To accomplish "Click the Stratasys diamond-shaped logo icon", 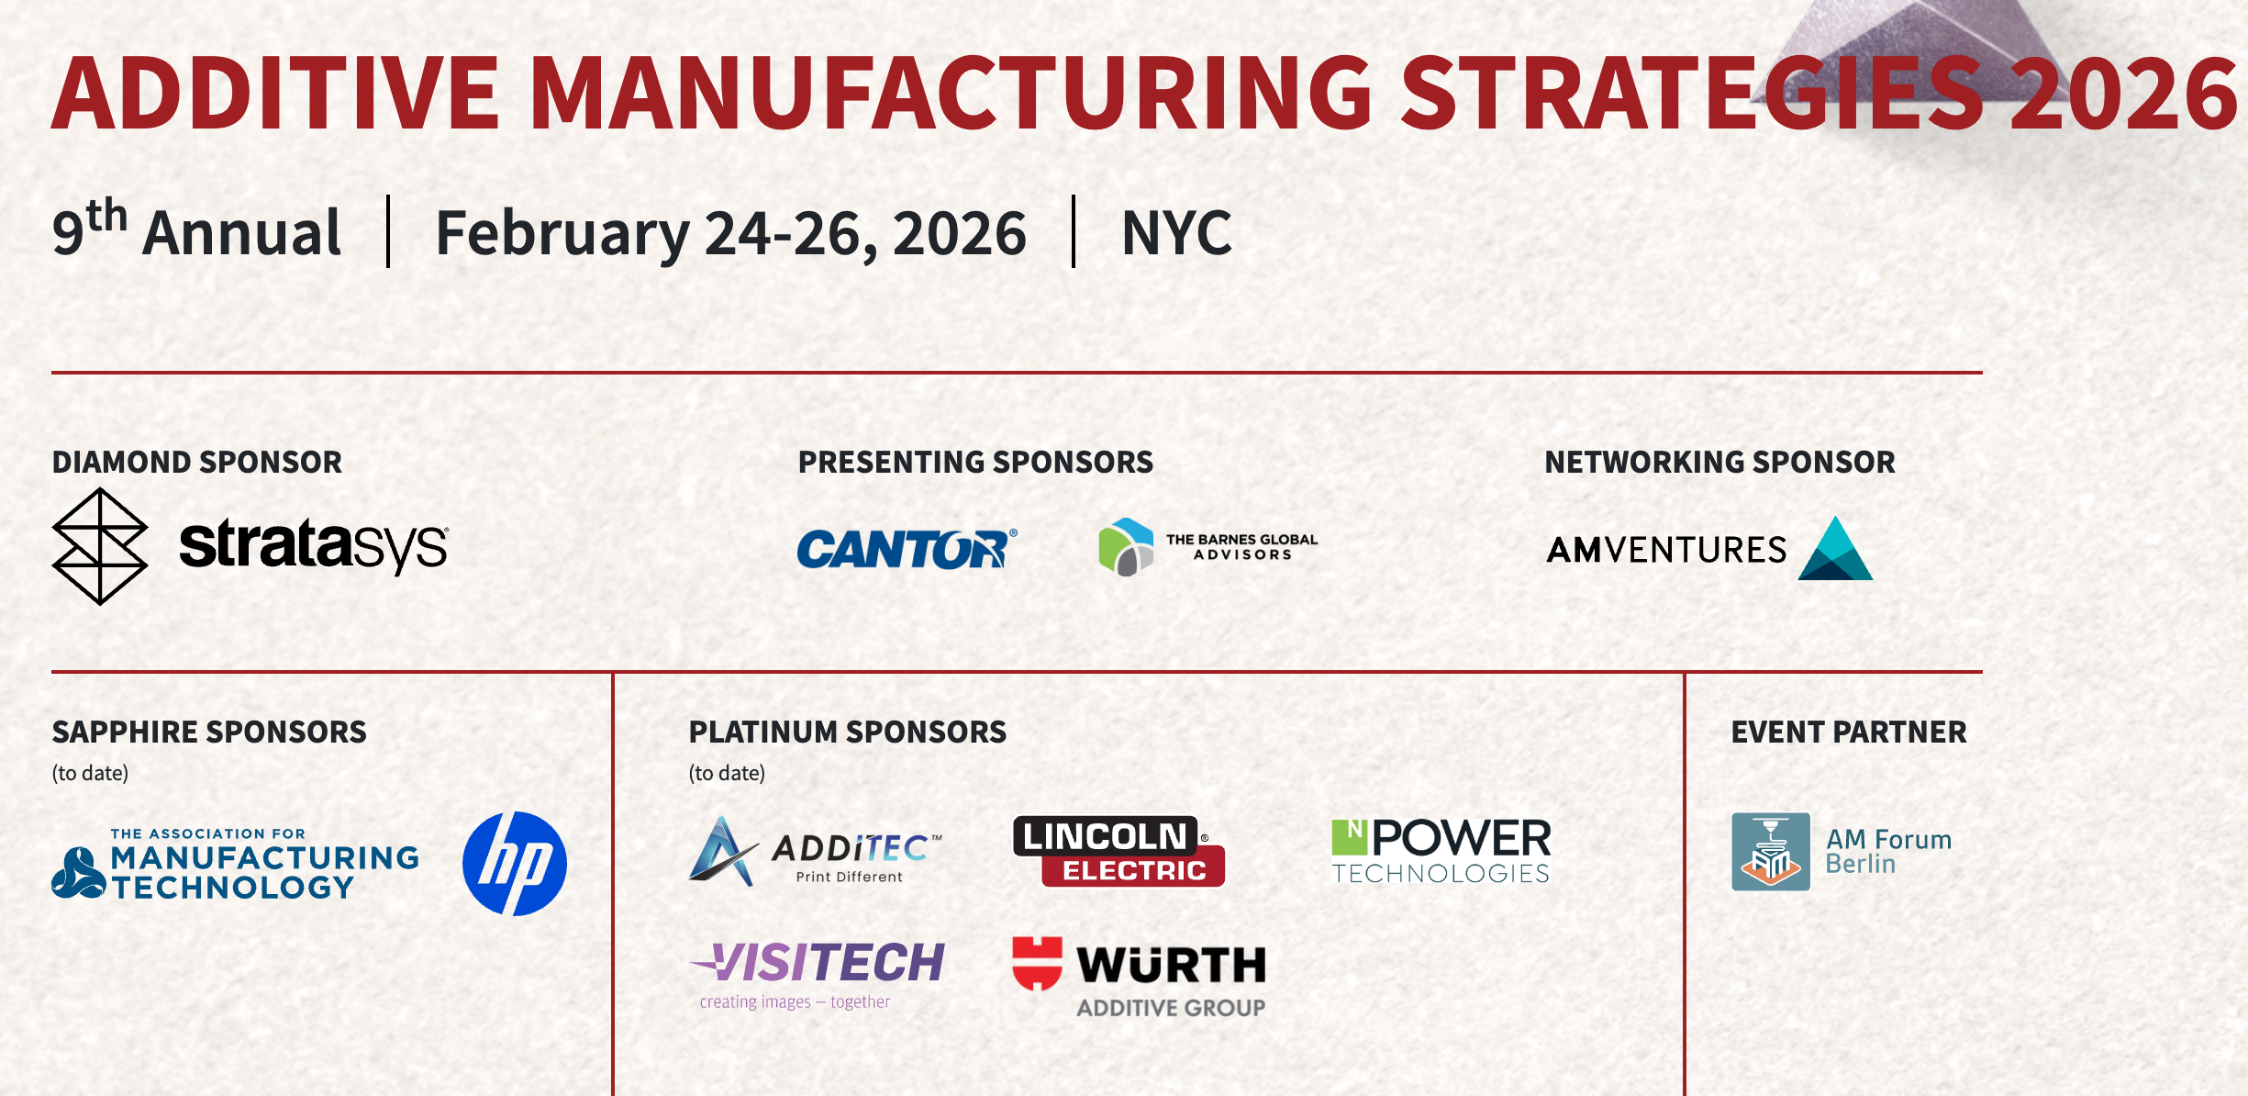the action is [x=100, y=546].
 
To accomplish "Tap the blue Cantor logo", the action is [x=907, y=549].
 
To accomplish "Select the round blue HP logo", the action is [x=515, y=863].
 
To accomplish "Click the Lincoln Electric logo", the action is [x=1119, y=851].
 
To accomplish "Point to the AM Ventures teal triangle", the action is [x=1835, y=548].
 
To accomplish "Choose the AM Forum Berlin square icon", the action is [x=1771, y=852].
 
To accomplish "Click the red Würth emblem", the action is [x=1037, y=963].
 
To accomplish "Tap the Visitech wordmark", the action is [x=818, y=962].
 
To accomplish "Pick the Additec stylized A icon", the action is [x=723, y=851].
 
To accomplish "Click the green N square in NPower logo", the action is [x=1350, y=836].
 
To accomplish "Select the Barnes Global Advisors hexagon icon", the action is [x=1126, y=547].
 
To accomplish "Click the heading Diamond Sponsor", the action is [x=197, y=462].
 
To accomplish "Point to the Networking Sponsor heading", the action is [x=1720, y=462].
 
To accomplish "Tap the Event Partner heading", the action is [x=1849, y=732].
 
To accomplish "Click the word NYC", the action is [x=1176, y=232].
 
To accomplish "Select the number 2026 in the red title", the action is [x=2123, y=93].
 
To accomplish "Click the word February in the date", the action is [x=562, y=233].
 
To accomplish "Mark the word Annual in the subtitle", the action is [x=242, y=232].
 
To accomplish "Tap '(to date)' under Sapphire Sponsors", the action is [x=90, y=773].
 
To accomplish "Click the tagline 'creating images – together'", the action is [x=795, y=1001].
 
